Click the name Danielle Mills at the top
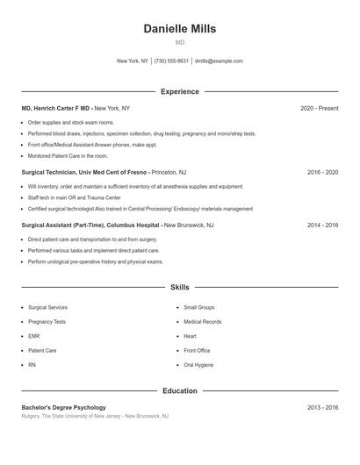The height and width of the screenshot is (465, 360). tap(179, 28)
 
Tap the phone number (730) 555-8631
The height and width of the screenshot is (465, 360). tap(171, 61)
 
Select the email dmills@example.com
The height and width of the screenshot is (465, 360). tap(219, 61)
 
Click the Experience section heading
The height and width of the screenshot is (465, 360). tap(179, 91)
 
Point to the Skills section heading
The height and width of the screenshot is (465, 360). tap(179, 287)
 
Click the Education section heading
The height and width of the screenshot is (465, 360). tap(179, 390)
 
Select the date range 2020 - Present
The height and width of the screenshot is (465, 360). tap(319, 108)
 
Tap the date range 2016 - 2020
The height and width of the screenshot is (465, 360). tap(322, 172)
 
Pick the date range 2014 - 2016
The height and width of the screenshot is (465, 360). tap(322, 225)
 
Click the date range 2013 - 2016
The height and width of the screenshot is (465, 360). tap(322, 407)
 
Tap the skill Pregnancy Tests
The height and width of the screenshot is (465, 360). tap(47, 322)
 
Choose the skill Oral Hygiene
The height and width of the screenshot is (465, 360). tap(198, 364)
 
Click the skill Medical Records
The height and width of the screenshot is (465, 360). tap(202, 322)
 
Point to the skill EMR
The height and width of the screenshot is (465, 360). tap(34, 336)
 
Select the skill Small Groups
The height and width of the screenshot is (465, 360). tap(199, 308)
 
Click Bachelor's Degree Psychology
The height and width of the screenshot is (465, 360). tap(64, 407)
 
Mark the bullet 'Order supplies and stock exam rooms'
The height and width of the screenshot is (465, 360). tap(71, 123)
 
